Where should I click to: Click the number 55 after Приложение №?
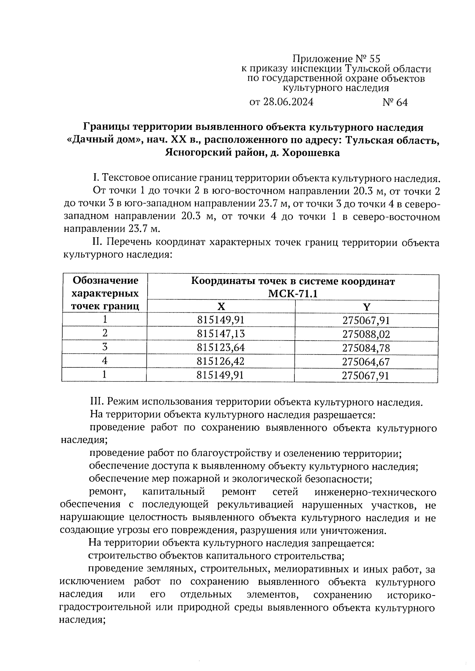click(x=374, y=59)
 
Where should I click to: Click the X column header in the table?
click(x=221, y=307)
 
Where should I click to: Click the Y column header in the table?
click(x=367, y=307)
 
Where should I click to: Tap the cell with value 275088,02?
click(x=366, y=335)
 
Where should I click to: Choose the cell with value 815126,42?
click(x=221, y=361)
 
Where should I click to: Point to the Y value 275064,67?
click(x=366, y=362)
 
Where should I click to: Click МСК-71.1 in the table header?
click(x=293, y=294)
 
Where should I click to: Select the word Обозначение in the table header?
click(x=105, y=281)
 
